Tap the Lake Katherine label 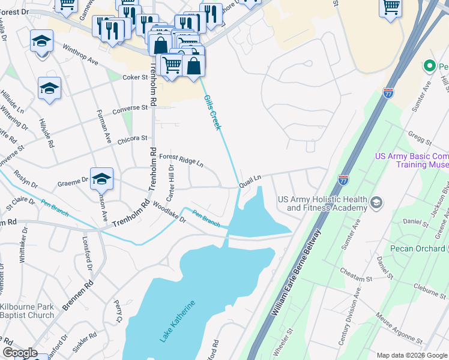(x=177, y=321)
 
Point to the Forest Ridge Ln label (x=182, y=160)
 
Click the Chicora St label (x=132, y=139)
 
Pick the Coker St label (x=134, y=77)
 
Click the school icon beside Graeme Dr (x=101, y=178)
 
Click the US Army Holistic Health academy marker (x=376, y=201)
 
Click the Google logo (x=20, y=353)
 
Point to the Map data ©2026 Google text (x=411, y=355)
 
